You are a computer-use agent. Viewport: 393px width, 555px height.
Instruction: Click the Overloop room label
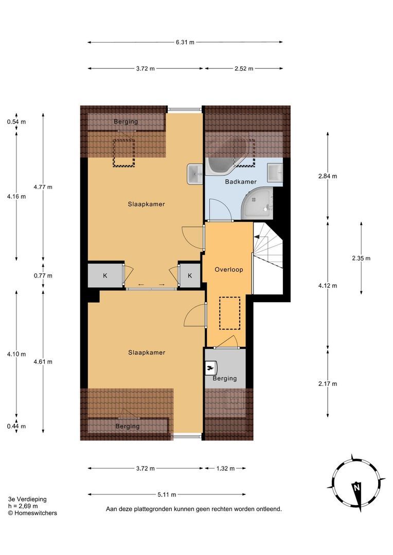coord(228,269)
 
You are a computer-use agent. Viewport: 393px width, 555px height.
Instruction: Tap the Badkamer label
coord(241,181)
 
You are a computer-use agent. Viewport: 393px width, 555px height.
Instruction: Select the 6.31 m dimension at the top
coord(185,42)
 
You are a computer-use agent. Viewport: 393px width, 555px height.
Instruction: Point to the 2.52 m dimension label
coord(243,68)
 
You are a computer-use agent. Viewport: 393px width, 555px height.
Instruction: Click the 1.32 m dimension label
coord(224,468)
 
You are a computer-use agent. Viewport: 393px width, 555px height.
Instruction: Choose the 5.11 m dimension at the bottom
coord(166,494)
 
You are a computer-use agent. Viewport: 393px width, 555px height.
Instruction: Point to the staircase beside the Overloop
coord(269,257)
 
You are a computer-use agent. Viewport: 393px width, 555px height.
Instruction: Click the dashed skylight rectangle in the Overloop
coord(229,313)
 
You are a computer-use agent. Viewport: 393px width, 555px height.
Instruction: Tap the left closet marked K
coord(105,275)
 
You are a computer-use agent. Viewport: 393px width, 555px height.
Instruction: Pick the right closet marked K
coord(190,275)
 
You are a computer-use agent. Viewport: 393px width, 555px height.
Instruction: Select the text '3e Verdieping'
coord(27,499)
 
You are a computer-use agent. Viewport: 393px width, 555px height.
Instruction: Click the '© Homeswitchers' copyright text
coord(32,513)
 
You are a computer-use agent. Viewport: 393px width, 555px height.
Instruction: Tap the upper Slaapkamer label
coord(146,204)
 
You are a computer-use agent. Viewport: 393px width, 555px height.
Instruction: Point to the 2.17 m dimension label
coord(328,384)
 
